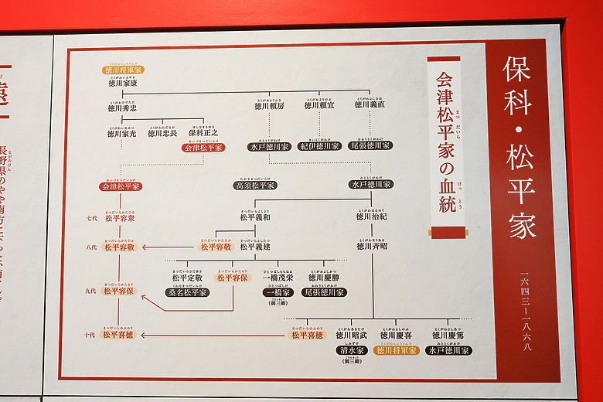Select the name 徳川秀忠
[123, 109]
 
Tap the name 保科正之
[203, 133]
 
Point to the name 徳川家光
[122, 133]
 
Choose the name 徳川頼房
[270, 105]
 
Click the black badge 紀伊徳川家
[320, 145]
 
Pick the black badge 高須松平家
[255, 186]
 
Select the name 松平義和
[254, 217]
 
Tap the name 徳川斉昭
[372, 247]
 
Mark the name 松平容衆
[120, 219]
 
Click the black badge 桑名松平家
[187, 292]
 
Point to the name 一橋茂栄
[278, 277]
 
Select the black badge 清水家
[352, 349]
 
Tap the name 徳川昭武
[352, 335]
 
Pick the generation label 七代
[92, 219]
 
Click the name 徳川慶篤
[448, 335]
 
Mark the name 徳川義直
[370, 105]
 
